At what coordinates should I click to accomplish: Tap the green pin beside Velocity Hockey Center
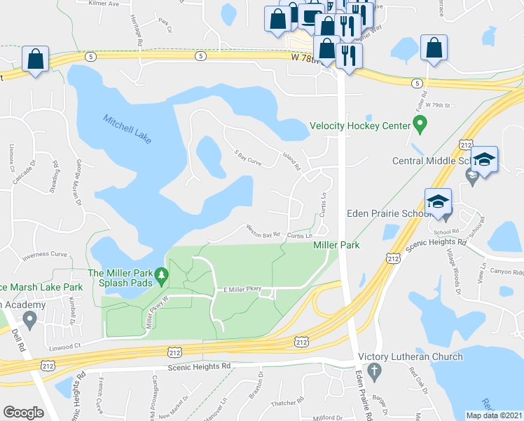(x=420, y=126)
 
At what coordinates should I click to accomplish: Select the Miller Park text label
(x=336, y=245)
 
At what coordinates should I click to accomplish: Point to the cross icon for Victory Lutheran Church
(x=375, y=370)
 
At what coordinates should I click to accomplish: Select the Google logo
(x=23, y=413)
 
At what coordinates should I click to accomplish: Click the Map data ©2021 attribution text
(x=494, y=415)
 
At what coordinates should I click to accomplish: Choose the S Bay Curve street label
(x=248, y=159)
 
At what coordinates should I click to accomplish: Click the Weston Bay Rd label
(x=263, y=230)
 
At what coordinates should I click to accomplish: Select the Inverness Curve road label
(x=44, y=255)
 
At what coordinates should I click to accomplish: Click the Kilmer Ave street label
(x=104, y=3)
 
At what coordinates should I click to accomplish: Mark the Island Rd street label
(x=291, y=163)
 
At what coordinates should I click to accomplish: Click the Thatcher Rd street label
(x=285, y=403)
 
